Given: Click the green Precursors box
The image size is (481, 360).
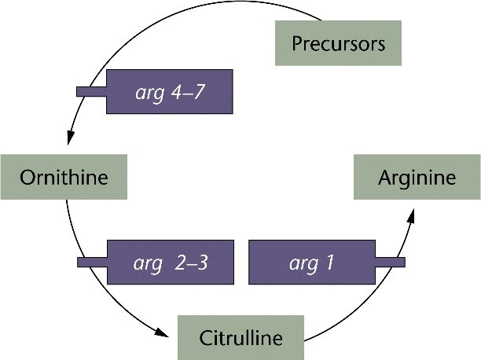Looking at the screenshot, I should (338, 43).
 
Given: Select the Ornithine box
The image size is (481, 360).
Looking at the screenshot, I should (64, 176).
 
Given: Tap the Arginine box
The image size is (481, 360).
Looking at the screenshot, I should (417, 177).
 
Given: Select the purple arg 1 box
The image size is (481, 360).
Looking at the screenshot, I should (311, 262).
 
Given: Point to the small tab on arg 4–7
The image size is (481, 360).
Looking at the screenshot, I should (90, 91).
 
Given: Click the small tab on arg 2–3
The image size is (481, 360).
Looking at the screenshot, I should (90, 262).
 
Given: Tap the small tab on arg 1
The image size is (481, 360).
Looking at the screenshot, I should (390, 262).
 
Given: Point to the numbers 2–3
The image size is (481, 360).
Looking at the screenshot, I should (192, 263).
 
